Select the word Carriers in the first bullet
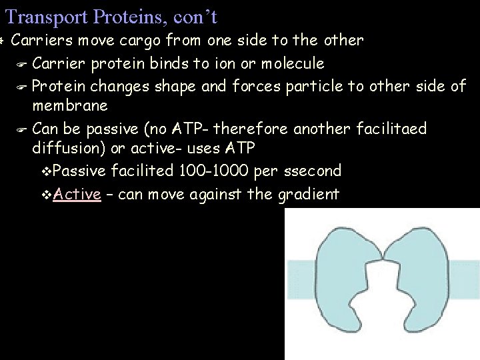click(x=42, y=40)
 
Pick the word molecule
click(x=294, y=63)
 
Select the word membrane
click(x=69, y=106)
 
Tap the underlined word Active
click(x=77, y=194)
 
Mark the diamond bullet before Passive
click(x=46, y=171)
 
